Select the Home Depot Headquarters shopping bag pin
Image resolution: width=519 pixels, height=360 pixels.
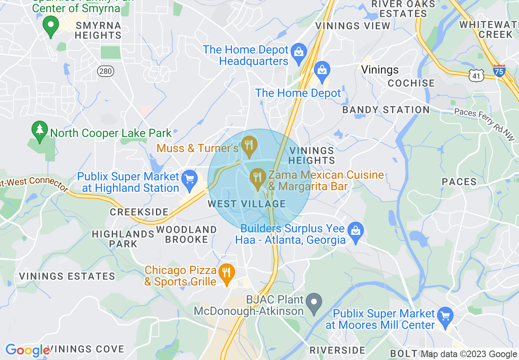tap(299, 52)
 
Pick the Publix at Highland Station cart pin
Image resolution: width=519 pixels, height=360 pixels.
tap(190, 180)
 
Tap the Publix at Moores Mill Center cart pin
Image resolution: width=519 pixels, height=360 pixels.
tap(445, 316)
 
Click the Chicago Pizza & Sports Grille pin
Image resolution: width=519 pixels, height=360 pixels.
tap(226, 273)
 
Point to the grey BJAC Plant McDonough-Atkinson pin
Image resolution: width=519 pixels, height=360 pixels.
tap(314, 303)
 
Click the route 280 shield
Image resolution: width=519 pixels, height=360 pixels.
tap(105, 72)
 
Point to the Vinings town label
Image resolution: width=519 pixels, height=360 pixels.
tap(380, 70)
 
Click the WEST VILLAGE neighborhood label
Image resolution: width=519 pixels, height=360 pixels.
tap(246, 204)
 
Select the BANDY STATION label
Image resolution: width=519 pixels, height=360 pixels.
tap(386, 110)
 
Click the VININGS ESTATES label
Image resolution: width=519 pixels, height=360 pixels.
tap(68, 276)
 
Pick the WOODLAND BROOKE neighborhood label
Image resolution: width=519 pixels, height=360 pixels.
tap(187, 234)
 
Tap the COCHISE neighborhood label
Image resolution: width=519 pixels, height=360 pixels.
tap(411, 83)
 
